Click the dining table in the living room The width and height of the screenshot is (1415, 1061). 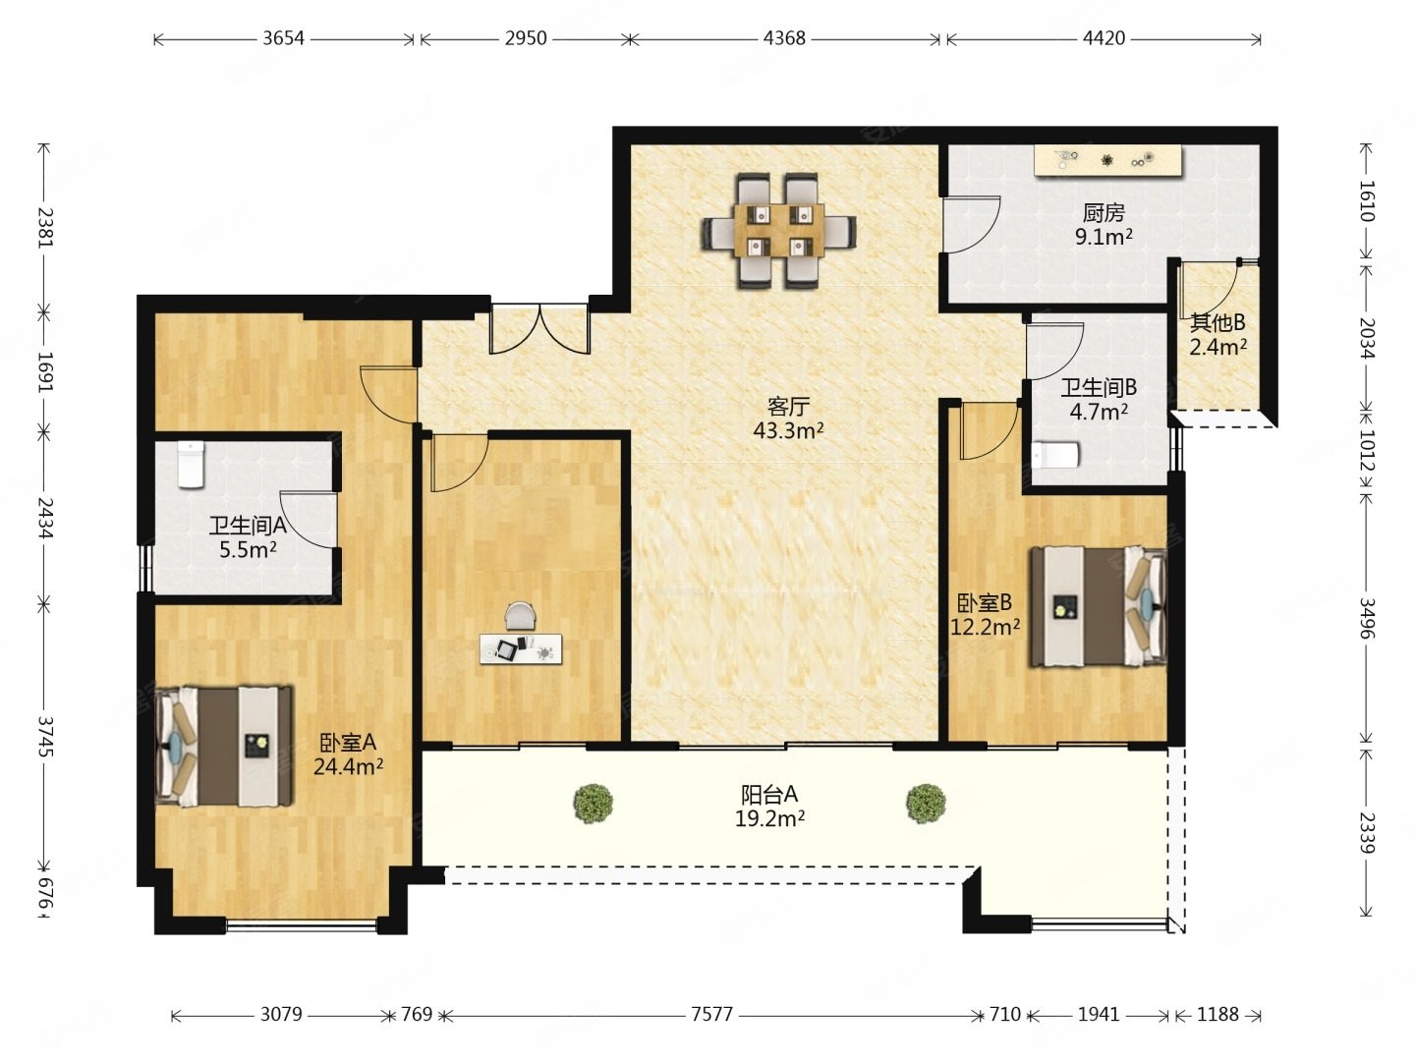tap(778, 229)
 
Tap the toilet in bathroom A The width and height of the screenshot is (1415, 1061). tap(191, 465)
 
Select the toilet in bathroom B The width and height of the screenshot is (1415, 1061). tap(1055, 456)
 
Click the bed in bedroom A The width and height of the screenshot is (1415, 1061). tap(223, 746)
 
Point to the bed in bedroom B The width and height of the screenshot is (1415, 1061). tap(1098, 605)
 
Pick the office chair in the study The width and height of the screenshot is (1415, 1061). tap(521, 616)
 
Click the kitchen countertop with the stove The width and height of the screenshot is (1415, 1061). tap(1108, 160)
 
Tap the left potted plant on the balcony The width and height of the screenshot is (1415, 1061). tap(593, 803)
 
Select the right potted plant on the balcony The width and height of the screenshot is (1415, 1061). tap(926, 803)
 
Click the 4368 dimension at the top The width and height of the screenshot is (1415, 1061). tap(784, 38)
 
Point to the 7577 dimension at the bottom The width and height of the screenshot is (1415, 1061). tap(711, 1014)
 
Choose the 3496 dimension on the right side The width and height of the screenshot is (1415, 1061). tap(1366, 618)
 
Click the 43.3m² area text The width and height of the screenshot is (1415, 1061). tap(788, 429)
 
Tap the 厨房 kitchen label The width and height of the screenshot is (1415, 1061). tap(1104, 212)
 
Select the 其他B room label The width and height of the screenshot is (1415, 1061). tap(1217, 321)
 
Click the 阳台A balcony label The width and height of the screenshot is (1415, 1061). tap(769, 795)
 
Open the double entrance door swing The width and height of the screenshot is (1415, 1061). tap(539, 330)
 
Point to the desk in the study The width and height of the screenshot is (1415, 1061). tap(520, 648)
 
